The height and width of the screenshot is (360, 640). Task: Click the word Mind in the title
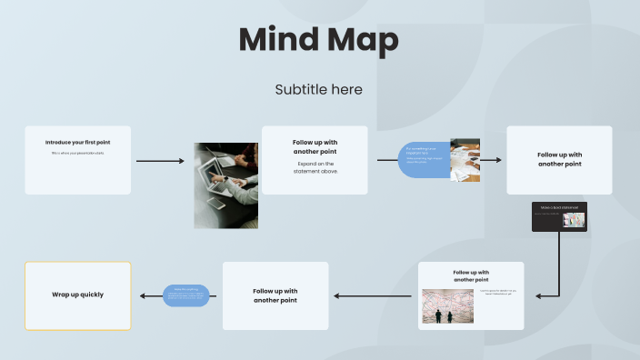tap(277, 41)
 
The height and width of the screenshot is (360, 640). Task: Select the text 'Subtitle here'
tap(318, 89)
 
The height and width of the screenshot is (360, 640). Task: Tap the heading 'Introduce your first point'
tap(78, 142)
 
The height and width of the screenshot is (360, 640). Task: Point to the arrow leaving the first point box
tap(159, 161)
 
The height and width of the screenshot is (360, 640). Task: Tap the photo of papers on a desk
tap(465, 160)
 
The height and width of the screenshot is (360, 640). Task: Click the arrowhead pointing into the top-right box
tap(497, 160)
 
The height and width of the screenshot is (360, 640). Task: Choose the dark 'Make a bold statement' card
tap(559, 216)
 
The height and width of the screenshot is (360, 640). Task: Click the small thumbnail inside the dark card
tap(575, 219)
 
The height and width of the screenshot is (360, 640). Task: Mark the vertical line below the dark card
tap(557, 264)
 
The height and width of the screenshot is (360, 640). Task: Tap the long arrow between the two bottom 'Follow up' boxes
tap(375, 295)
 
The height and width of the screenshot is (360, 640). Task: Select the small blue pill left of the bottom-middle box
tap(186, 295)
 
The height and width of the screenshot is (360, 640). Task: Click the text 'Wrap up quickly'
tap(78, 295)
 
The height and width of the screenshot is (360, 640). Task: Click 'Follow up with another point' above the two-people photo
tap(471, 276)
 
